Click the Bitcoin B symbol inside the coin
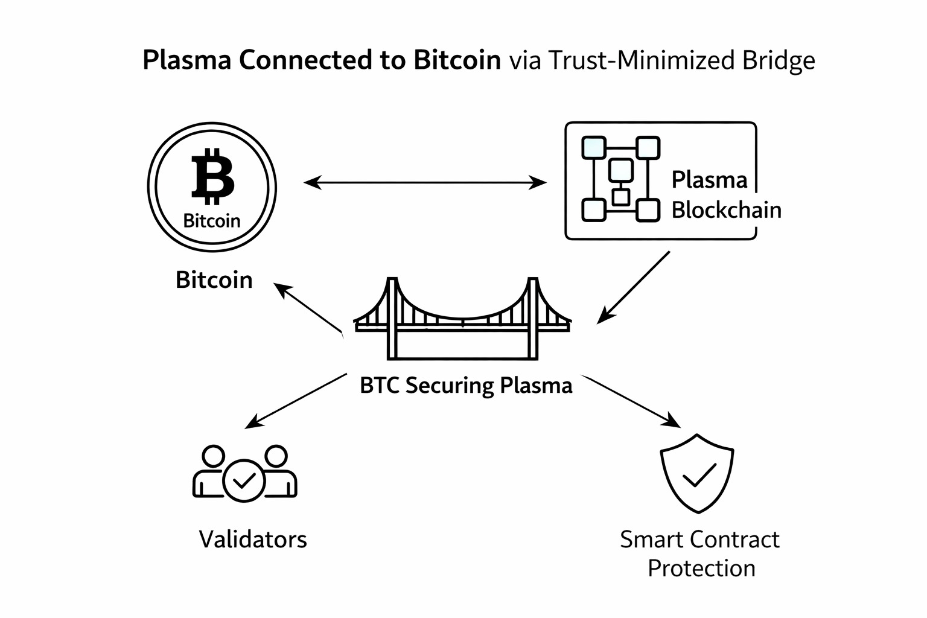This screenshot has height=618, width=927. [x=212, y=177]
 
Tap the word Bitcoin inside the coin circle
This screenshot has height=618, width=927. [x=212, y=221]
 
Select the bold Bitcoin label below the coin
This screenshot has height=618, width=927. [x=214, y=280]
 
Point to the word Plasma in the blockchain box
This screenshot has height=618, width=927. [x=709, y=180]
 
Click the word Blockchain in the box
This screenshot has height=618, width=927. [x=726, y=210]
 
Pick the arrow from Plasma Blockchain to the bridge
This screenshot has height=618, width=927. [x=634, y=287]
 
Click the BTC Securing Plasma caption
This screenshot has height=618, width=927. [x=466, y=385]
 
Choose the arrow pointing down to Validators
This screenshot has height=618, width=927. [x=296, y=401]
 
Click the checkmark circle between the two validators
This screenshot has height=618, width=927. [x=244, y=480]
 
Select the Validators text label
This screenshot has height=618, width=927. [x=253, y=539]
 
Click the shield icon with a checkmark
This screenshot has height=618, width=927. [x=698, y=473]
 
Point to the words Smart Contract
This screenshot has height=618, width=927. [x=699, y=539]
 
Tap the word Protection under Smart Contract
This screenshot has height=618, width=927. [x=701, y=569]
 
